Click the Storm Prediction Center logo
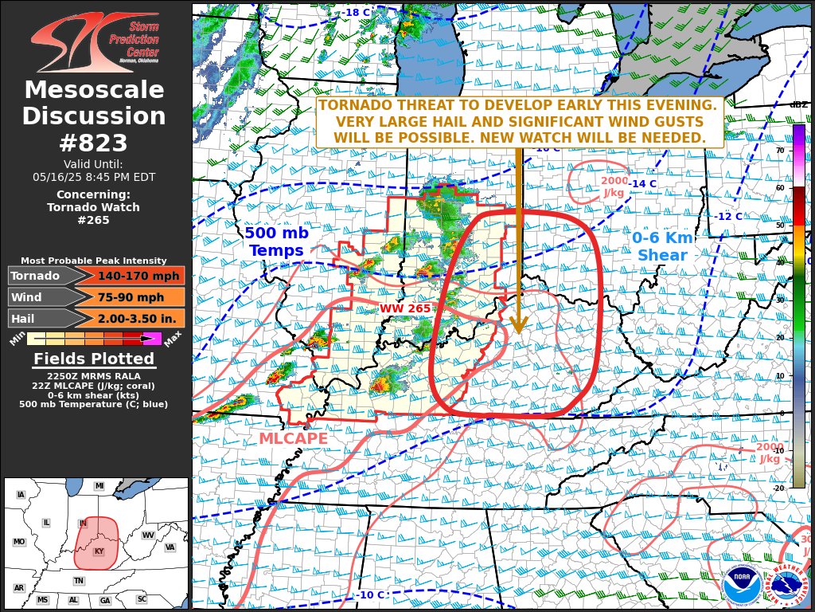94,42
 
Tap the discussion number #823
94,143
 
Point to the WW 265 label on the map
404,308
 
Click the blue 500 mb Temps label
275,241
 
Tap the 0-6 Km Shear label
662,246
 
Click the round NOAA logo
741,586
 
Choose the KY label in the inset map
99,551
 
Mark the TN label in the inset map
79,581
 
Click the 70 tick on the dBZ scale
780,150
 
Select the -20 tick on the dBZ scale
778,488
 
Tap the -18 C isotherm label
356,13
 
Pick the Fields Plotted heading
94,359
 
